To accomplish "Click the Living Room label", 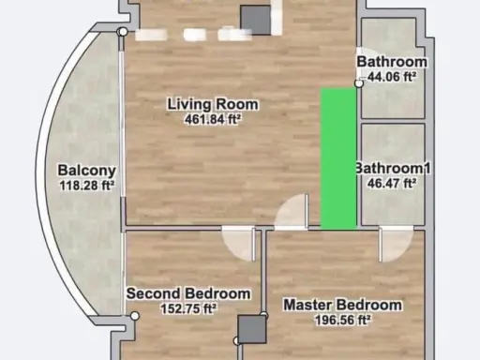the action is tap(213, 104).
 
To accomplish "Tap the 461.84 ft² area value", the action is tap(213, 119).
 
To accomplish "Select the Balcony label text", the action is tap(86, 171).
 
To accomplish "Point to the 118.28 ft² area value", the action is tap(86, 186).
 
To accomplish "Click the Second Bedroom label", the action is tap(188, 293).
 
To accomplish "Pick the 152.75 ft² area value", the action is tap(188, 308).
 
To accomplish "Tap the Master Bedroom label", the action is tap(342, 305).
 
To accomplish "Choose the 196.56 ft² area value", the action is tap(343, 320).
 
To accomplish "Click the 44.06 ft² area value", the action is tap(392, 77).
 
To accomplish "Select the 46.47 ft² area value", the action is tap(392, 183).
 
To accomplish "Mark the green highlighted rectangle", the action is tap(338, 158).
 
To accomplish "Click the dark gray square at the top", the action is tap(255, 20).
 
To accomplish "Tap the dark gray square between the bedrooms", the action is tap(252, 329).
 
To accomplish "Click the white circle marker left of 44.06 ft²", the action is tap(359, 83).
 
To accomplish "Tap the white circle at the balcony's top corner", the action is tap(124, 32).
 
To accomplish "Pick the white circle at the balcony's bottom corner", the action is tap(135, 316).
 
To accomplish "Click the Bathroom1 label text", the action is tap(393, 168).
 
